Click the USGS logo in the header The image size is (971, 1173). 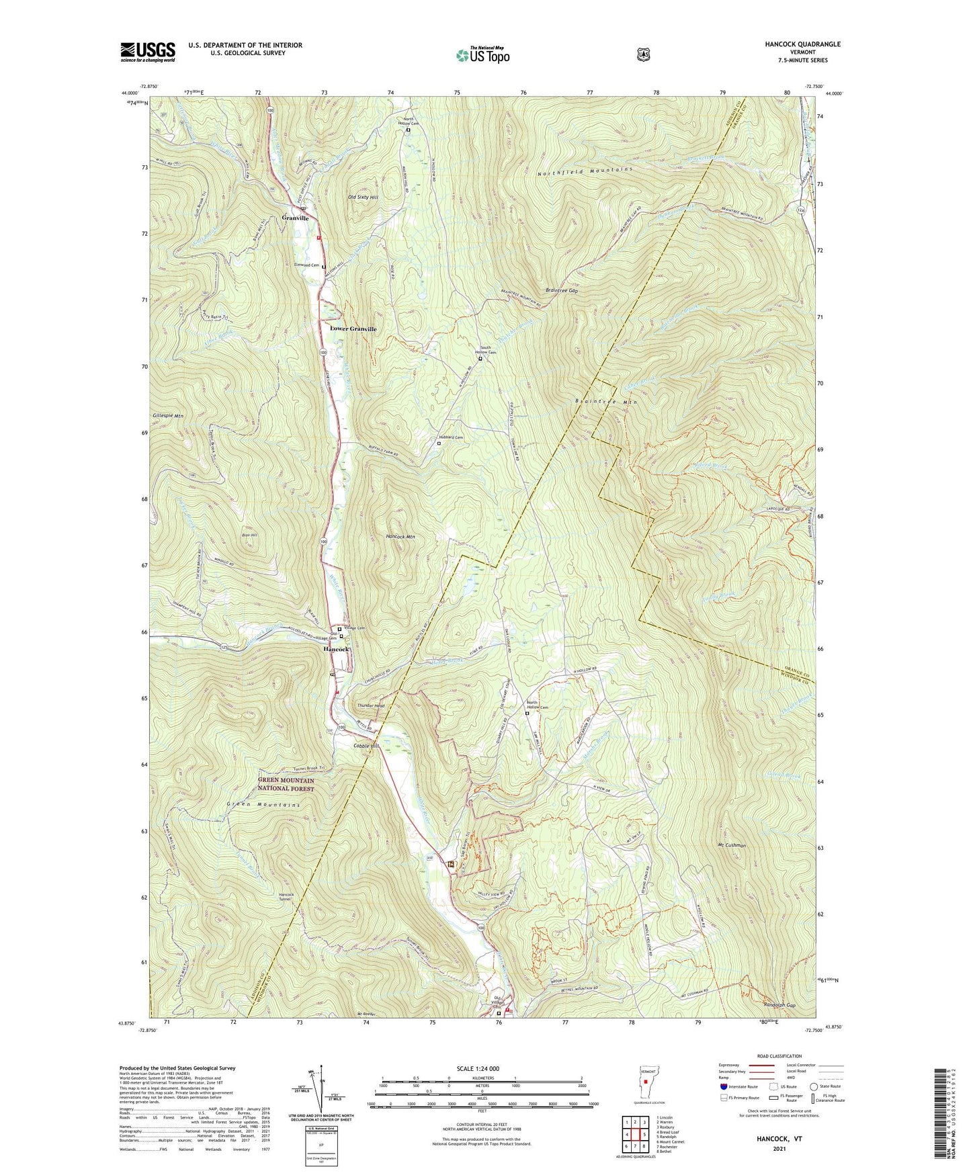point(148,52)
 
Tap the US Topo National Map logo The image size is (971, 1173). point(482,55)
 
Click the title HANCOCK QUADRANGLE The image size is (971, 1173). point(802,44)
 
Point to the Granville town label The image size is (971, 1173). point(296,218)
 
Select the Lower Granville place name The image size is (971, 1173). point(353,329)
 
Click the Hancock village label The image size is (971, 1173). point(336,650)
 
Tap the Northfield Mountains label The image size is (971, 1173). point(585,171)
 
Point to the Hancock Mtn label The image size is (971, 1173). point(400,537)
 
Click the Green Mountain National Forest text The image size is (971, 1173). point(286,785)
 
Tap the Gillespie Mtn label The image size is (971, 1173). point(167,416)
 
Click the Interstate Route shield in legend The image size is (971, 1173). point(723,1086)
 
